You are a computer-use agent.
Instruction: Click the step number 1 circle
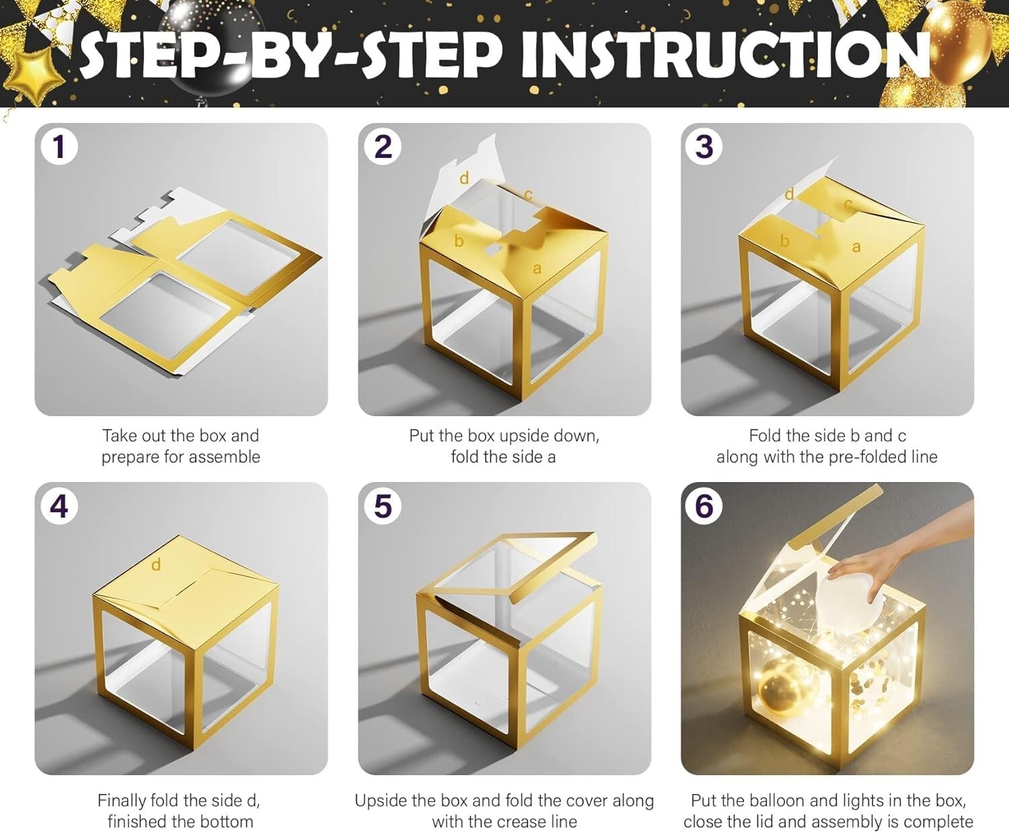click(59, 147)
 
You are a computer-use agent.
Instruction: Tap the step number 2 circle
click(382, 147)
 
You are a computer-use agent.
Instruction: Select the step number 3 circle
click(704, 147)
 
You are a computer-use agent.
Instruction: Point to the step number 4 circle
click(59, 506)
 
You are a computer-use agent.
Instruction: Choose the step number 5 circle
click(382, 506)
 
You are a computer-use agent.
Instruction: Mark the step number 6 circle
click(704, 506)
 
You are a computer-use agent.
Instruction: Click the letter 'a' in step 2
click(537, 269)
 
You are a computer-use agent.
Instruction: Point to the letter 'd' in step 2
click(464, 178)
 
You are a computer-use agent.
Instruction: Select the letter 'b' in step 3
click(784, 240)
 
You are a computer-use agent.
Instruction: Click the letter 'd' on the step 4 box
click(156, 565)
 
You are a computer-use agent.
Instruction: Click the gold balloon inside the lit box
click(780, 686)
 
